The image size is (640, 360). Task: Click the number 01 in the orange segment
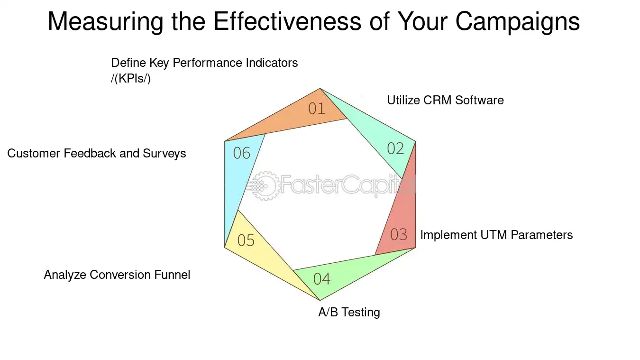(317, 109)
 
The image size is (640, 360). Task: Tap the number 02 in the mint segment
(395, 148)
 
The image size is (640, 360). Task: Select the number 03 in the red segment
(399, 234)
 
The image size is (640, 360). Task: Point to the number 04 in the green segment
(322, 279)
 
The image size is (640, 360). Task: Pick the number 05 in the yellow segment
(246, 240)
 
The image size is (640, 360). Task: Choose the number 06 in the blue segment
(241, 153)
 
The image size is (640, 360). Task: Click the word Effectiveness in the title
(287, 21)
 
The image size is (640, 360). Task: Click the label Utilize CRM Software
(445, 101)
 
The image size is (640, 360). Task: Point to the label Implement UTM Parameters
(496, 235)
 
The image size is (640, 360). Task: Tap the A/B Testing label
(349, 312)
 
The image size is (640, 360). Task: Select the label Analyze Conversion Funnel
(117, 275)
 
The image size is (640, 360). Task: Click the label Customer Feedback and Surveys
(97, 154)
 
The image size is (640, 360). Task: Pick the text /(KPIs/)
(130, 79)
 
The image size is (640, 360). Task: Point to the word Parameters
(541, 235)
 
